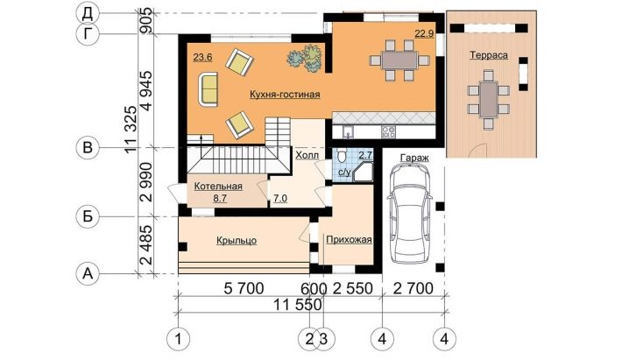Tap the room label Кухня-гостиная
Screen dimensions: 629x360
285,95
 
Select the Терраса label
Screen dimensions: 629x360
489,55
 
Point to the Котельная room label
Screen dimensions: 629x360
218,187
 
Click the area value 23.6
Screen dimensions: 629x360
202,57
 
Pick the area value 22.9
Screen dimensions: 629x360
424,33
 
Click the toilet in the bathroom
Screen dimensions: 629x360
342,155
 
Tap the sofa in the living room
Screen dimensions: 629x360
208,89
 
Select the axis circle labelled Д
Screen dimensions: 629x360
88,14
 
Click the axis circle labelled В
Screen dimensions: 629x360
88,148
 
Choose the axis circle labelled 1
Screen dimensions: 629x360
178,339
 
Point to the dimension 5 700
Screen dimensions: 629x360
244,289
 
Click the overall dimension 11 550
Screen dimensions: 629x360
298,305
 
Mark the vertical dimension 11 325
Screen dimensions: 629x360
131,129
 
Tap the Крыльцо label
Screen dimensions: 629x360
237,241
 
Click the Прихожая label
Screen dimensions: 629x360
349,240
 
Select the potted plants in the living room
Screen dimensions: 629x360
306,58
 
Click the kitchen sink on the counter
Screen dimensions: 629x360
348,131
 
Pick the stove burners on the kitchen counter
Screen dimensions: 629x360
388,132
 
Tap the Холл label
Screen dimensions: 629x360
307,155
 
